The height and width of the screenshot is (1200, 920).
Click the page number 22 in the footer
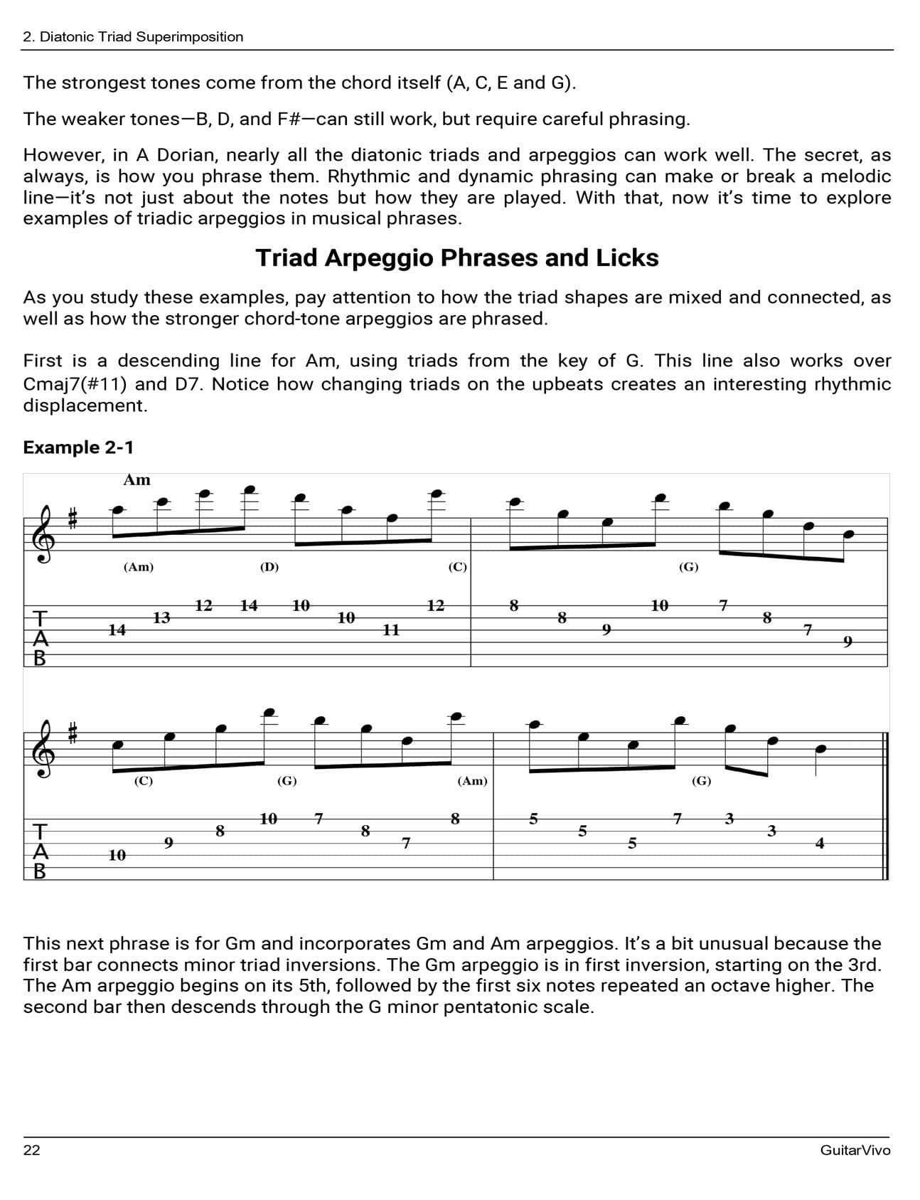tap(32, 1150)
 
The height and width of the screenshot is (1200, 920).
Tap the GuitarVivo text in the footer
tap(855, 1150)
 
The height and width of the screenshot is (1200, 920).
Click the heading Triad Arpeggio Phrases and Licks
tap(457, 257)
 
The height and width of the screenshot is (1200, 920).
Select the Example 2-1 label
tap(78, 447)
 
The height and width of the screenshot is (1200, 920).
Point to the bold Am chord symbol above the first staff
tap(137, 480)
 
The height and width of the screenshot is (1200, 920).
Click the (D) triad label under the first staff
tap(269, 567)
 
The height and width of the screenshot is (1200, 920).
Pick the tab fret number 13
tap(162, 617)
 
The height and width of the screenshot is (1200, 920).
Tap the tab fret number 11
tap(391, 630)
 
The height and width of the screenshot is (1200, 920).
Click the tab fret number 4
tap(820, 843)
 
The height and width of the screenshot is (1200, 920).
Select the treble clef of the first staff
tap(44, 534)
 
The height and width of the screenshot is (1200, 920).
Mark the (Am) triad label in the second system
tap(472, 781)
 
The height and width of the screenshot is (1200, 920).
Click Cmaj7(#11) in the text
tap(75, 384)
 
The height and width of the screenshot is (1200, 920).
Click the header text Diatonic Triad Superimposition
tap(141, 37)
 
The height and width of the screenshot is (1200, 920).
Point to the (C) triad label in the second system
tap(144, 781)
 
